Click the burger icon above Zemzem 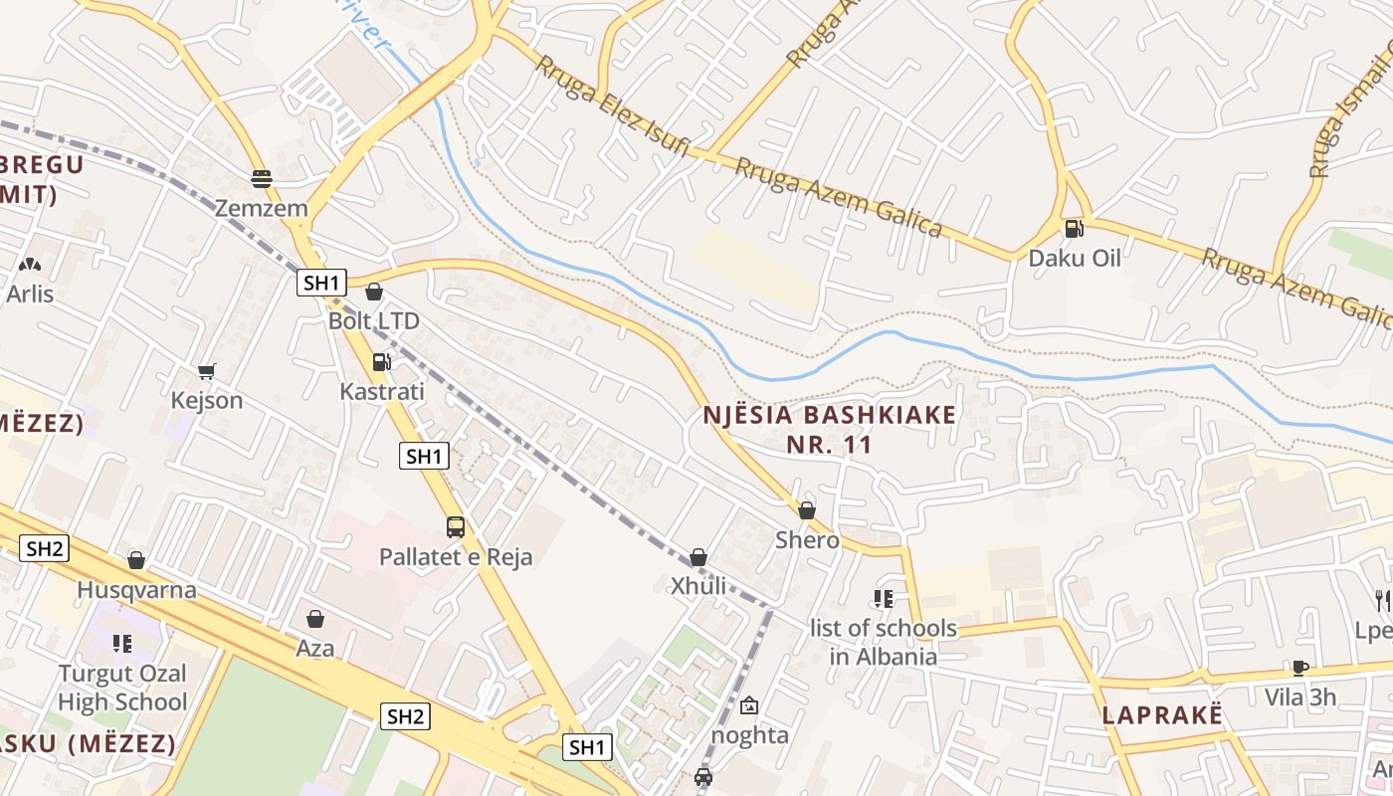click(262, 179)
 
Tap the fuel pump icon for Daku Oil click(1074, 229)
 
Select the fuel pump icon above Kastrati click(381, 362)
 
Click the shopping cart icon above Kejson click(207, 371)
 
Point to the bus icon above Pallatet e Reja click(456, 527)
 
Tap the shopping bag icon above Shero click(807, 510)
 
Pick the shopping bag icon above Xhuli click(698, 557)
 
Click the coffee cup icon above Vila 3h click(1299, 668)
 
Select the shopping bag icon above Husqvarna click(136, 561)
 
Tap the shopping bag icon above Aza click(315, 620)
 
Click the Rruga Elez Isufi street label click(613, 104)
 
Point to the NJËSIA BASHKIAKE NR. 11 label click(830, 429)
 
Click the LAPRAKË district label click(1161, 715)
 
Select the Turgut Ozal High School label click(122, 688)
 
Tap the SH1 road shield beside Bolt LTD click(321, 283)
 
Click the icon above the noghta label click(749, 705)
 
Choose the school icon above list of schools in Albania click(883, 598)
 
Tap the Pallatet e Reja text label click(456, 557)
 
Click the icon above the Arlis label click(30, 265)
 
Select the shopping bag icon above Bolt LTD click(374, 292)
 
